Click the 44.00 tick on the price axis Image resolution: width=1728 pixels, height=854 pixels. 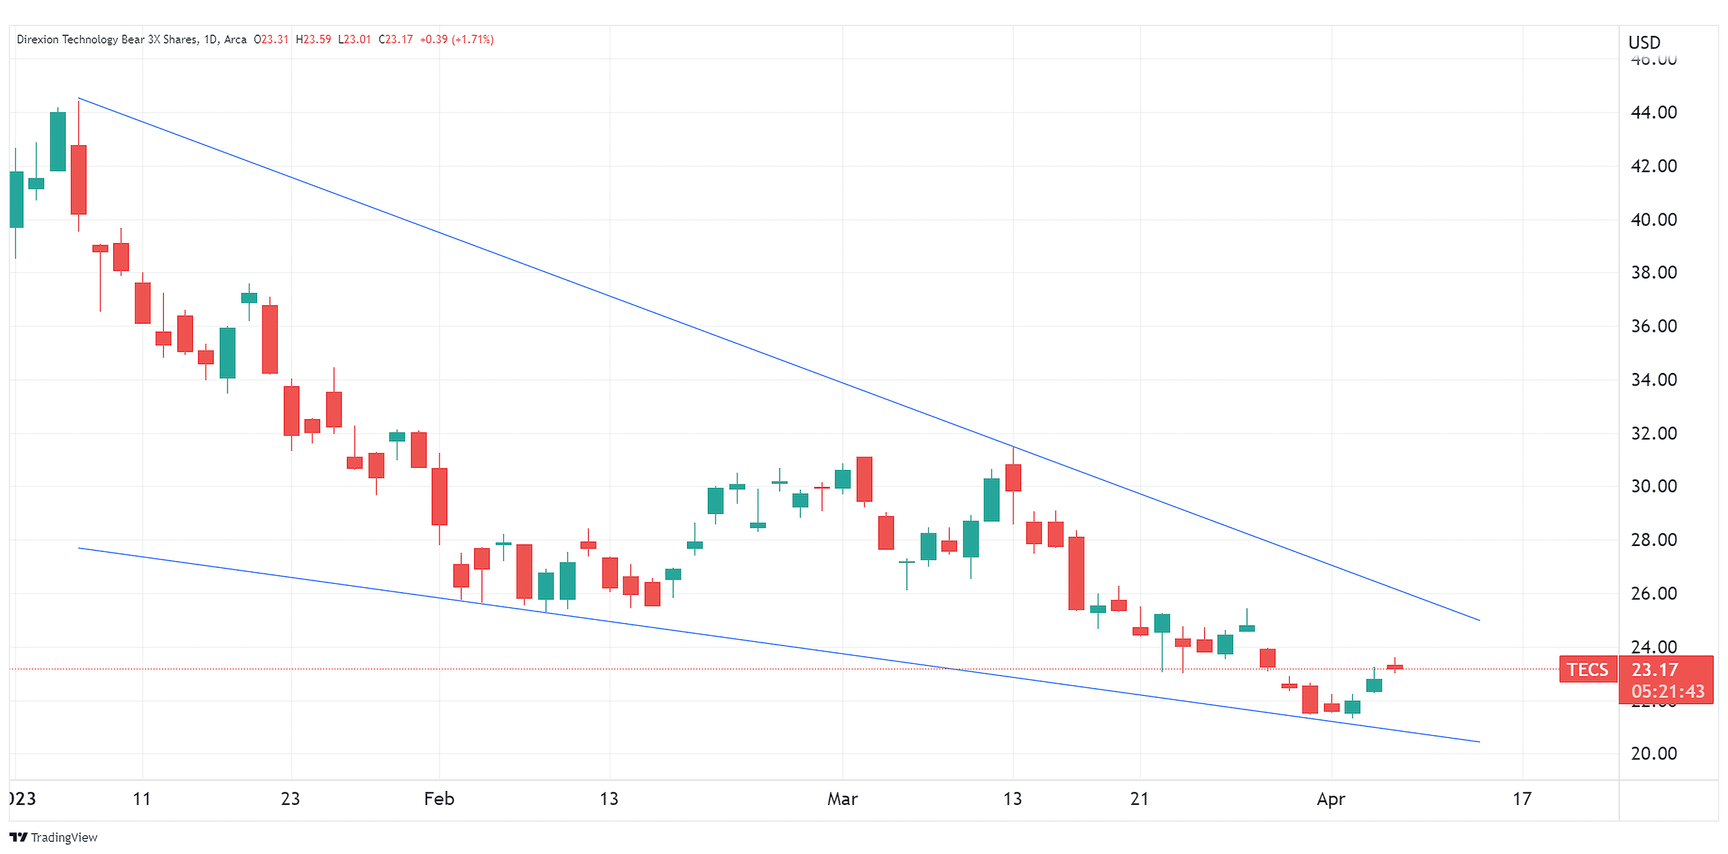click(1653, 112)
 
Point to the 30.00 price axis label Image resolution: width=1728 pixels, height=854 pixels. click(1653, 486)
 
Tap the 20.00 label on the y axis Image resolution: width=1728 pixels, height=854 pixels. click(1653, 753)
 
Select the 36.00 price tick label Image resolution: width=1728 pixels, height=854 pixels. click(1653, 325)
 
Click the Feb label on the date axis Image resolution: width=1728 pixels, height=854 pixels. click(439, 799)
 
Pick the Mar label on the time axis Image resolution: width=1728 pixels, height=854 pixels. click(842, 799)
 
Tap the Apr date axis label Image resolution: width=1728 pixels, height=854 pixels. click(1331, 799)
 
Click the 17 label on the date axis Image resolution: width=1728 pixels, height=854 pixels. click(1521, 799)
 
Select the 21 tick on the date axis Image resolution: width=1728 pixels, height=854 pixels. click(1139, 799)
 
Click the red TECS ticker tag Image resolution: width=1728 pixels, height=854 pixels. click(1588, 669)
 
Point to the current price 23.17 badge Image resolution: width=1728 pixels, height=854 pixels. click(1654, 669)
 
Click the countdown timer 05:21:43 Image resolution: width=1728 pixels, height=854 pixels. click(1667, 691)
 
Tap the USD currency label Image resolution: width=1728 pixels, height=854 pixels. click(1644, 43)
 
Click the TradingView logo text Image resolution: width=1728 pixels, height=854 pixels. click(64, 837)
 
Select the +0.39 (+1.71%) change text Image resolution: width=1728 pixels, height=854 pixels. click(456, 39)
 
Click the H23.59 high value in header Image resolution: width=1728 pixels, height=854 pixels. click(313, 39)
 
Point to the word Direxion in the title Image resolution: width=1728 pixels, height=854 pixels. click(38, 39)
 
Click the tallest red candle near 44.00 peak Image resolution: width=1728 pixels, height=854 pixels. click(79, 180)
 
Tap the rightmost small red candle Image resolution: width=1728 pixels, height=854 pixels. click(1394, 667)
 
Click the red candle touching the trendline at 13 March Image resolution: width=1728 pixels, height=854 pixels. click(1013, 477)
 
